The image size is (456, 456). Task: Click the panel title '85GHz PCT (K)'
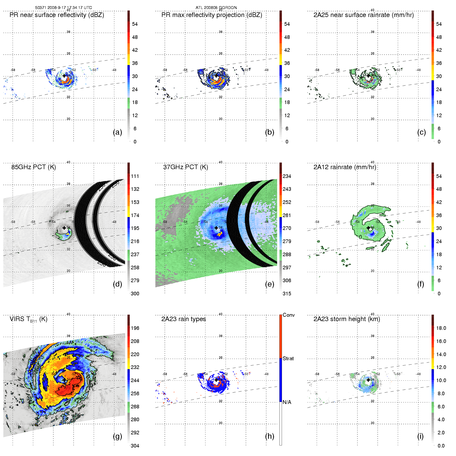pyautogui.click(x=33, y=167)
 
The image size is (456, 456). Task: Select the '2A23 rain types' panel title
pyautogui.click(x=183, y=319)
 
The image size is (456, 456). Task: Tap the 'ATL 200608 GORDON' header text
pyautogui.click(x=216, y=8)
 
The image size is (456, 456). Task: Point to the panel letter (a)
pyautogui.click(x=117, y=132)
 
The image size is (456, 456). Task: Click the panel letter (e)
pyautogui.click(x=269, y=284)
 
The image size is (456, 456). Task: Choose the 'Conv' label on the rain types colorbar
pyautogui.click(x=288, y=315)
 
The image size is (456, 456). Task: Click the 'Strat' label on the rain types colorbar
pyautogui.click(x=288, y=358)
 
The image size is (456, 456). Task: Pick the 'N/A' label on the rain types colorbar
pyautogui.click(x=287, y=402)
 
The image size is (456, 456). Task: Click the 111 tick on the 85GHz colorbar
pyautogui.click(x=135, y=176)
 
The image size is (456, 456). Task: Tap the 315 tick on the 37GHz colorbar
pyautogui.click(x=287, y=294)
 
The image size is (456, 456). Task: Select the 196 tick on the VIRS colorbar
pyautogui.click(x=135, y=328)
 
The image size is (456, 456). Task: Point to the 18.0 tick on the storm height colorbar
pyautogui.click(x=441, y=328)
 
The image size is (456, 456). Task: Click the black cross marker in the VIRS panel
pyautogui.click(x=64, y=380)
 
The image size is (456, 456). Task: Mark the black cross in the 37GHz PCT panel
pyautogui.click(x=216, y=228)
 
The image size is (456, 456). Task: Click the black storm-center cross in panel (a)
pyautogui.click(x=64, y=76)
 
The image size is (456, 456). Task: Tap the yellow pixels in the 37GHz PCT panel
pyautogui.click(x=220, y=234)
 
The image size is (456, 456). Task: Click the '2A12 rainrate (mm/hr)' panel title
pyautogui.click(x=345, y=167)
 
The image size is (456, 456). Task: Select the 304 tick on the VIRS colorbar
pyautogui.click(x=135, y=446)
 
